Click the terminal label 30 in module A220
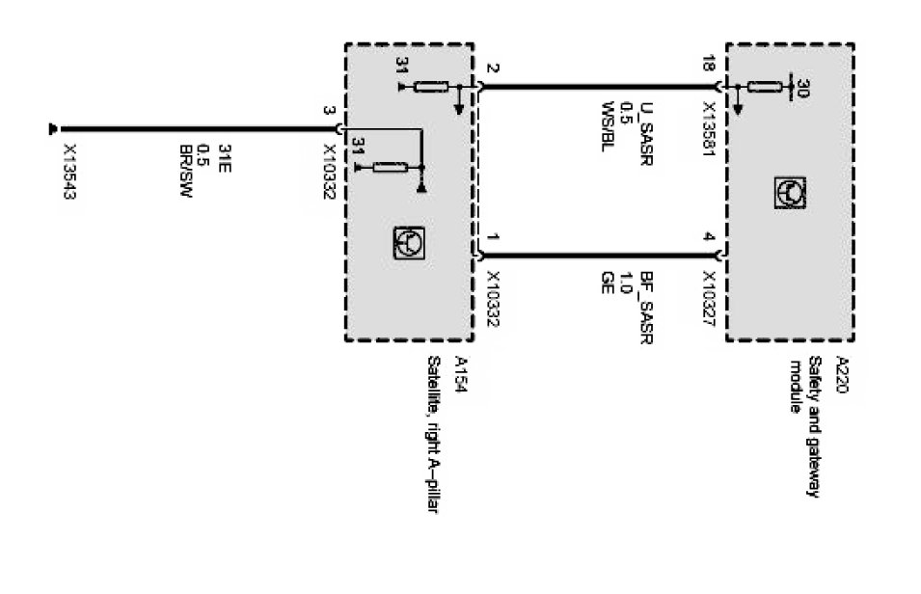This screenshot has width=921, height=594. (803, 88)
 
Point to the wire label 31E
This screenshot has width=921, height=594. (223, 155)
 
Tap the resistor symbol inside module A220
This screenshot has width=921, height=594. (761, 88)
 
